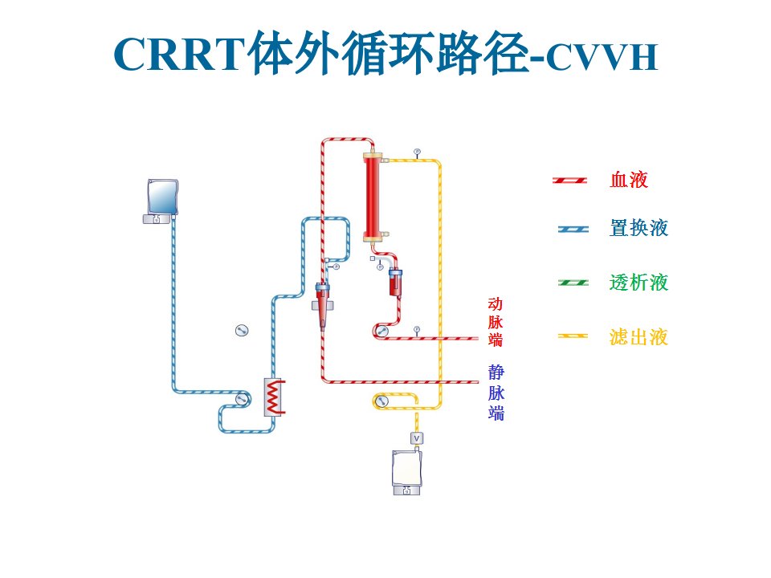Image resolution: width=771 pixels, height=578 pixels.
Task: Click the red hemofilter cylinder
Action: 372,197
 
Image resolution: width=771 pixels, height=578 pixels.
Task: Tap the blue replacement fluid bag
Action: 162,197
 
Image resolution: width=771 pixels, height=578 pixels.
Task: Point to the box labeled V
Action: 417,438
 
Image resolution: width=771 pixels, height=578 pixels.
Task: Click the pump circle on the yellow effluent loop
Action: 381,401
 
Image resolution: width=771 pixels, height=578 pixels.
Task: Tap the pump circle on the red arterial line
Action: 381,331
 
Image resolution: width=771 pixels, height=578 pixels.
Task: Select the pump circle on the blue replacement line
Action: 241,399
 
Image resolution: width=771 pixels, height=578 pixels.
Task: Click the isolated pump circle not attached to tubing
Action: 242,330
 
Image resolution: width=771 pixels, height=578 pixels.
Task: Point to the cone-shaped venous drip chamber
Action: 322,305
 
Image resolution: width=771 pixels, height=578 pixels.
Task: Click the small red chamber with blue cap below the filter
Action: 395,283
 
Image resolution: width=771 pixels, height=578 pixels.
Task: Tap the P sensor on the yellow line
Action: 417,152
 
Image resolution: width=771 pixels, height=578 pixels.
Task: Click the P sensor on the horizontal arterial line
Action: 417,329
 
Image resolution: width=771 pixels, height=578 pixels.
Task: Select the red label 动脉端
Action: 496,322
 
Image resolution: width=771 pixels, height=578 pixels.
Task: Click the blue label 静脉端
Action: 496,393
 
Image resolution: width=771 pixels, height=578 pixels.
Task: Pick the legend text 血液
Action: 629,180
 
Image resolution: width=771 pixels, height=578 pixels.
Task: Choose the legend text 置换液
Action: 638,228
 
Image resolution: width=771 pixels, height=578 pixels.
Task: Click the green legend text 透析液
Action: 638,283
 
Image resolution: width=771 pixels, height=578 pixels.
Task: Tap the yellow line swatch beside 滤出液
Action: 573,336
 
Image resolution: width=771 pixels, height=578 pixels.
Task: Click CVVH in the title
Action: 602,58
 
